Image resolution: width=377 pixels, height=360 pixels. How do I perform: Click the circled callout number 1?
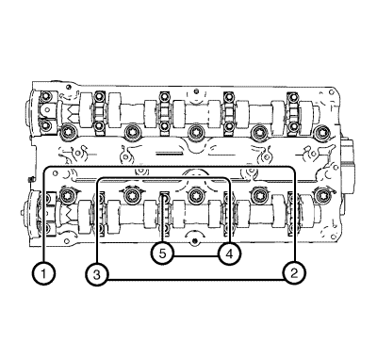tap(43, 273)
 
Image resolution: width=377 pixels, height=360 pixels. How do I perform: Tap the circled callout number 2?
tap(294, 273)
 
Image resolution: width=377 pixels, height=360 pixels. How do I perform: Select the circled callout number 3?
tap(97, 274)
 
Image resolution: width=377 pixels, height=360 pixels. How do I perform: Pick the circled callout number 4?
tap(230, 254)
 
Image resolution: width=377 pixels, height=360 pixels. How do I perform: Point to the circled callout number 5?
tap(162, 254)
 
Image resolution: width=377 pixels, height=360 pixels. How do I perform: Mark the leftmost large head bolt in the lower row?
tap(68, 196)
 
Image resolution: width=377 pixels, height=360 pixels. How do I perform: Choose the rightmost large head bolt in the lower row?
tap(322, 196)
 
